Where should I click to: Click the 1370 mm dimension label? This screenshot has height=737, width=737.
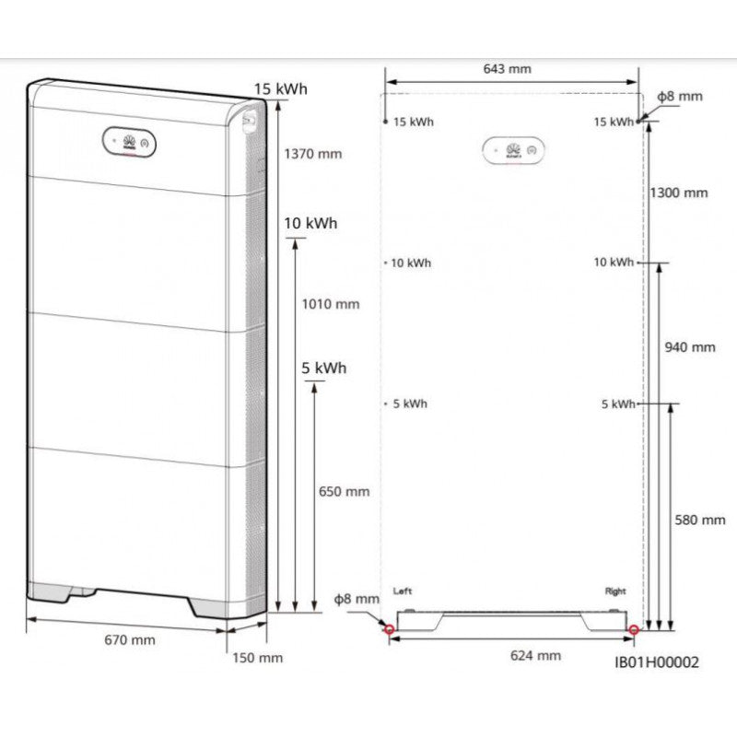coord(312,154)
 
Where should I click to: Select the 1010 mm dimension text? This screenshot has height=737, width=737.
coord(331,304)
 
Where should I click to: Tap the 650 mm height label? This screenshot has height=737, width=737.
coord(344,491)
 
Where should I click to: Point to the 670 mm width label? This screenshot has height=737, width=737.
coord(129,639)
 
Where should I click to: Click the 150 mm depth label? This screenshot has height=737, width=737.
coord(257,658)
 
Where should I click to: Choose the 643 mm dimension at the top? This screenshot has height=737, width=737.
coord(507,69)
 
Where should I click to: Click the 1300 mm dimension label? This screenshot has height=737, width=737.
coord(678,193)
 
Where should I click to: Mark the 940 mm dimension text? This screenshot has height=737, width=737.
coord(689,347)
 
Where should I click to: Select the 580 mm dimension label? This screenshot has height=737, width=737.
coord(700,520)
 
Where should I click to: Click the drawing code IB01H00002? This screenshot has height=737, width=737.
coord(657,662)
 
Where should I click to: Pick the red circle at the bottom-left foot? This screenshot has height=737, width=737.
coord(389,630)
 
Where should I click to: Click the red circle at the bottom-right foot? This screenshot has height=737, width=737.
coord(634,630)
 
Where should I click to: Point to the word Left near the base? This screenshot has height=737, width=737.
coord(403,591)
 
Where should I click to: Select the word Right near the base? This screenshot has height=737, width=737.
coord(614,591)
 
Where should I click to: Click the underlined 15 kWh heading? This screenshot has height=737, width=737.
coord(280,88)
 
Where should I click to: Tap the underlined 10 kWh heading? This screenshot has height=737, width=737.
coord(310,224)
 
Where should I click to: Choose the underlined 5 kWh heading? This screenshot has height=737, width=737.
coord(324,368)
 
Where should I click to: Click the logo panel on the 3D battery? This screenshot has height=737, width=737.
coord(129,142)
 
